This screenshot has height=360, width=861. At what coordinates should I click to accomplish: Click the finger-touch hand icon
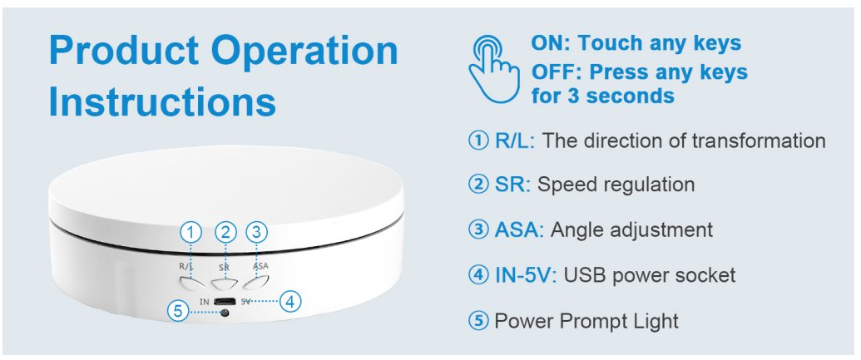point(493,69)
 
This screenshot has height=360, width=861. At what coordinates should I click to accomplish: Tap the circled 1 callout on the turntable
point(191,233)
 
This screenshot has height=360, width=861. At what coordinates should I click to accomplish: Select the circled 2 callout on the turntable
point(225,233)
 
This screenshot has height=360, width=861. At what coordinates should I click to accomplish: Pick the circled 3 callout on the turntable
point(256,233)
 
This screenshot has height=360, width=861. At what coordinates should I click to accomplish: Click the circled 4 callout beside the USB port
point(290,301)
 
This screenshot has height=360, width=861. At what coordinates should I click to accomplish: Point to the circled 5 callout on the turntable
point(177,312)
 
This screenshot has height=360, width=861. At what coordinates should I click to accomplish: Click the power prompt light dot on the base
point(224,313)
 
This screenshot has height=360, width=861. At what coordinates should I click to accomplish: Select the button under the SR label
point(223,284)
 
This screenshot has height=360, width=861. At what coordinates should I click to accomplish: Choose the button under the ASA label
point(256,283)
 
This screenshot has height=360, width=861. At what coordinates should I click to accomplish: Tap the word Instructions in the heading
point(162,101)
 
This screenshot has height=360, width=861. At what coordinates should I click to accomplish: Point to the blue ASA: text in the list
point(519,229)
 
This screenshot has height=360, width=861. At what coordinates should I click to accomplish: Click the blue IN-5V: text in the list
point(526,274)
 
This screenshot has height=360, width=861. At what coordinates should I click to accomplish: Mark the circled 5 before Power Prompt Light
point(478,320)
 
